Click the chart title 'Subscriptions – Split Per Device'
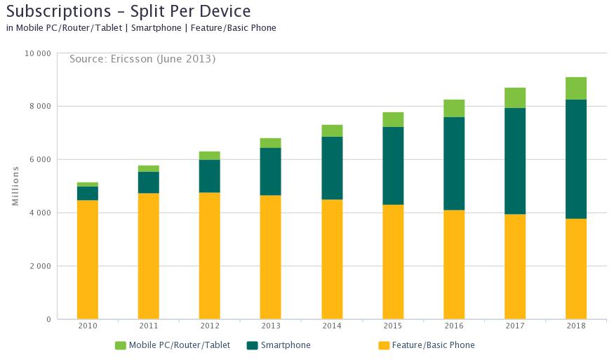coord(128,11)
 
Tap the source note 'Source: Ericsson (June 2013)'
coord(142,59)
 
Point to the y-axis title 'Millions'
coord(15,186)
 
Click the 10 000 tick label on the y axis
coord(36,53)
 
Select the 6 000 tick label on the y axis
coord(39,159)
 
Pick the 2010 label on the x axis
coord(88,326)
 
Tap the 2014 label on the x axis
coord(332,326)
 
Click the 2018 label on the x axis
coord(576,326)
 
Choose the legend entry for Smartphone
coord(285,345)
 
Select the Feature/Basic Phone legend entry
coord(433,345)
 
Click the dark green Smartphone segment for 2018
coord(576,159)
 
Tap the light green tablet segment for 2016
coord(454,108)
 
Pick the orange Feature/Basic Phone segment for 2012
coord(210,255)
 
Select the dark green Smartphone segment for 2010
coord(88,193)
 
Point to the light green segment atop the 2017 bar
coord(515,98)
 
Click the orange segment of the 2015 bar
coord(393,262)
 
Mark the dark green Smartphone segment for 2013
coord(271,171)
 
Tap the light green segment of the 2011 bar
coord(149,168)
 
